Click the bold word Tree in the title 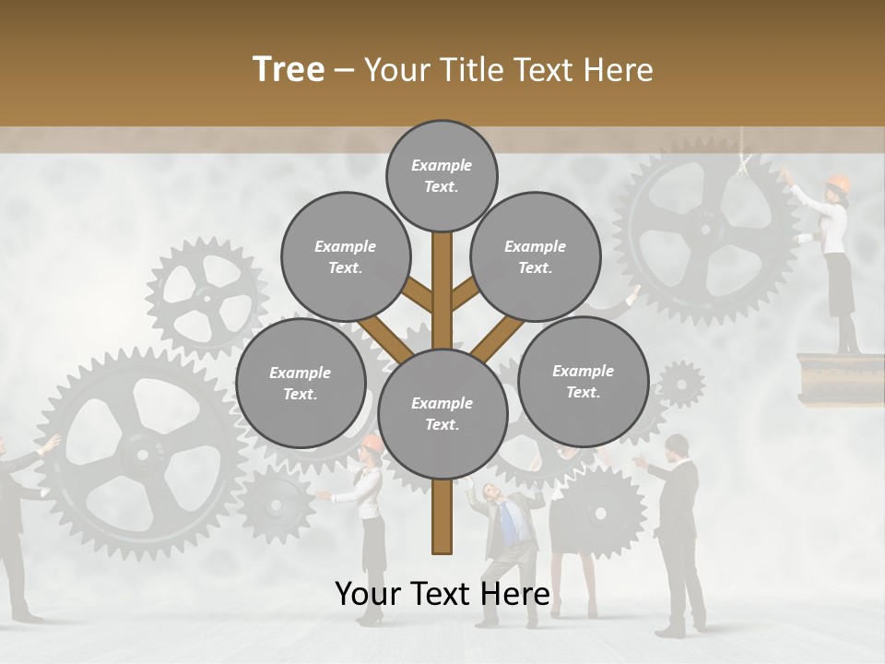[289, 70]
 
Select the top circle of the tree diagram [442, 175]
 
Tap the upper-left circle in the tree [346, 257]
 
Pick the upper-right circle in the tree [536, 257]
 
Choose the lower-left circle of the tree [301, 384]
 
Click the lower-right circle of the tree [583, 382]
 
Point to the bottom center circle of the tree [442, 414]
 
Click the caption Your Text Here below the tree [442, 595]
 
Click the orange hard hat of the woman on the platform [838, 183]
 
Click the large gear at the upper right [705, 231]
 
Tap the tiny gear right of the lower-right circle [681, 384]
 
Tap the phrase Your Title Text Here [509, 70]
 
